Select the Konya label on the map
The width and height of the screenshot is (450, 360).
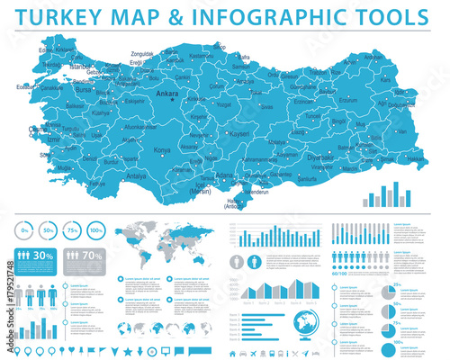163,150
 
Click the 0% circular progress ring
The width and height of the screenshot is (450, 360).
26,232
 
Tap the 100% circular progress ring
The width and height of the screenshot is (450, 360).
96,232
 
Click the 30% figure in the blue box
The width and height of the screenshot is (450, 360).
42,256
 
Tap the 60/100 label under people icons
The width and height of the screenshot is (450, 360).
341,272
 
